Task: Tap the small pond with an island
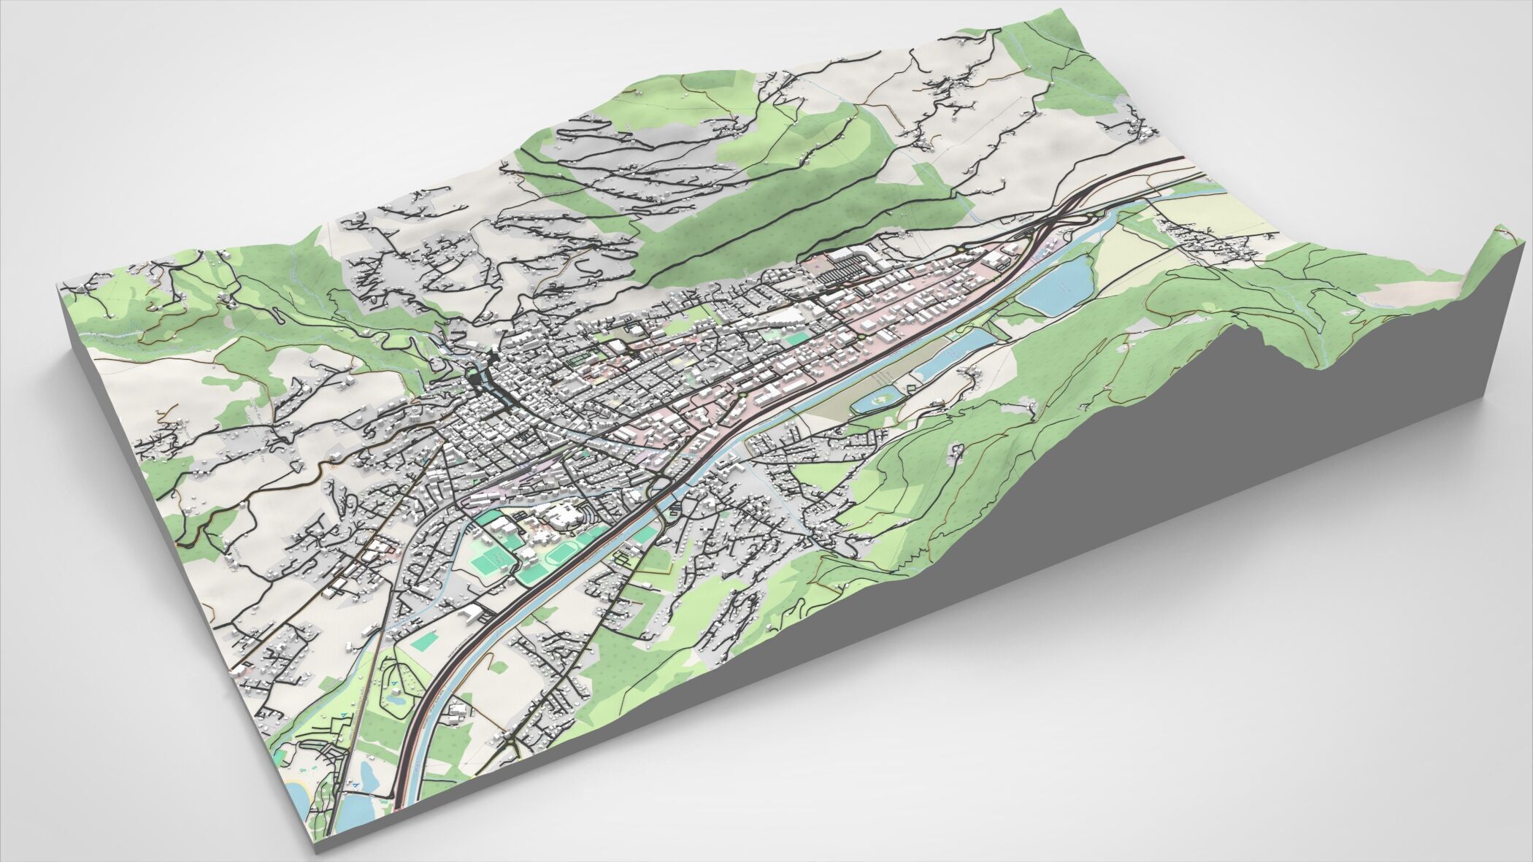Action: click(x=877, y=399)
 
